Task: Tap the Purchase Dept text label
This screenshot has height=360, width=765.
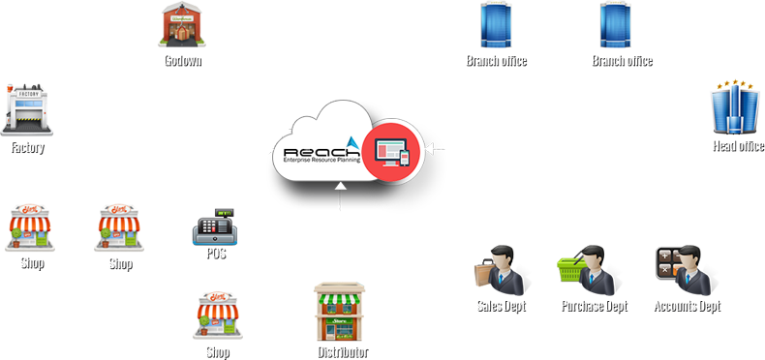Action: (594, 305)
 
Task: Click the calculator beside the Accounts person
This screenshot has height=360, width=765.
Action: (665, 261)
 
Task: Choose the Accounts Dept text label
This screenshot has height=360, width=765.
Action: (686, 305)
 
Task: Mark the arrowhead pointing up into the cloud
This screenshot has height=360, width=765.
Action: (340, 190)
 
